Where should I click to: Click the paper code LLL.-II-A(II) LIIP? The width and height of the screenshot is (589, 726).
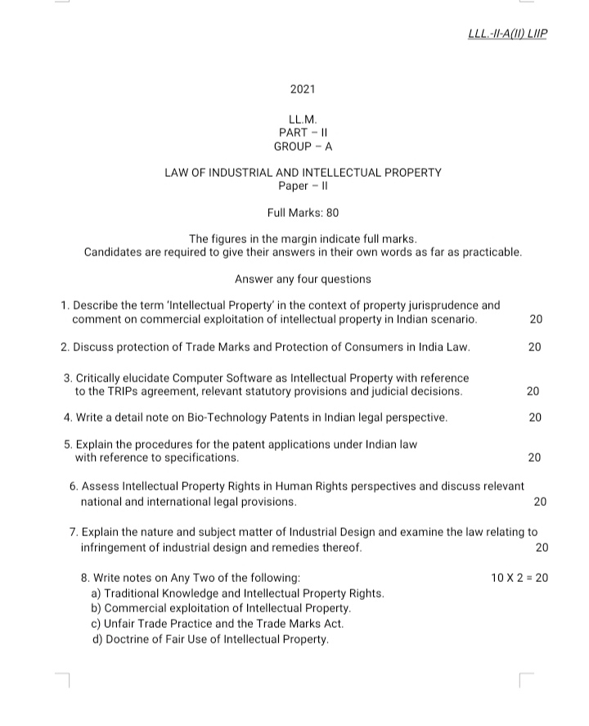(x=506, y=34)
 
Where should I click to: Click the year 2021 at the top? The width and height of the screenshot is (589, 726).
(x=303, y=89)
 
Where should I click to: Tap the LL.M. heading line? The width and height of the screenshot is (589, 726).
(x=303, y=119)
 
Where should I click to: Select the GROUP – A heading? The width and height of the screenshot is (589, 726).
(x=303, y=147)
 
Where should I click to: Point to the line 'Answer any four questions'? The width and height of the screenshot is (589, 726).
(x=303, y=279)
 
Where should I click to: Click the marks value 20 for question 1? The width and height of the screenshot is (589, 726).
(x=536, y=319)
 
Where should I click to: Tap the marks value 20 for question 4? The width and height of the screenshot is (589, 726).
(x=536, y=417)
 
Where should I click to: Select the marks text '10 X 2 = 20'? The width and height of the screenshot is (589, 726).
(x=519, y=577)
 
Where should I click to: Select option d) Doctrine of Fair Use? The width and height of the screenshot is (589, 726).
(x=210, y=639)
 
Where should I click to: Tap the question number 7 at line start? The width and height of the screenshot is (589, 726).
(x=74, y=532)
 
